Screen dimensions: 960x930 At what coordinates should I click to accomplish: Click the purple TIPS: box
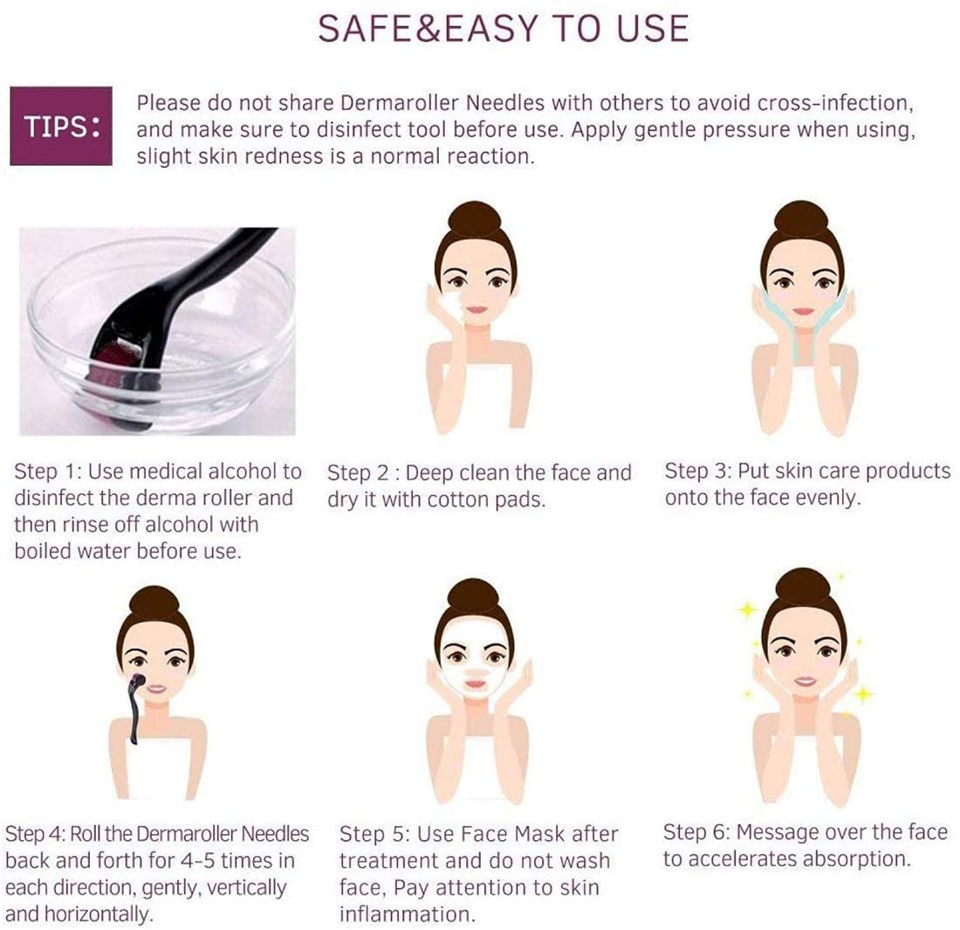[x=60, y=127]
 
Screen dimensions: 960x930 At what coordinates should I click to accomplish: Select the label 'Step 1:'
[x=48, y=472]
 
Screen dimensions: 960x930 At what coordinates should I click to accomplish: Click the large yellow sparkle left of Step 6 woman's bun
[x=747, y=610]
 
